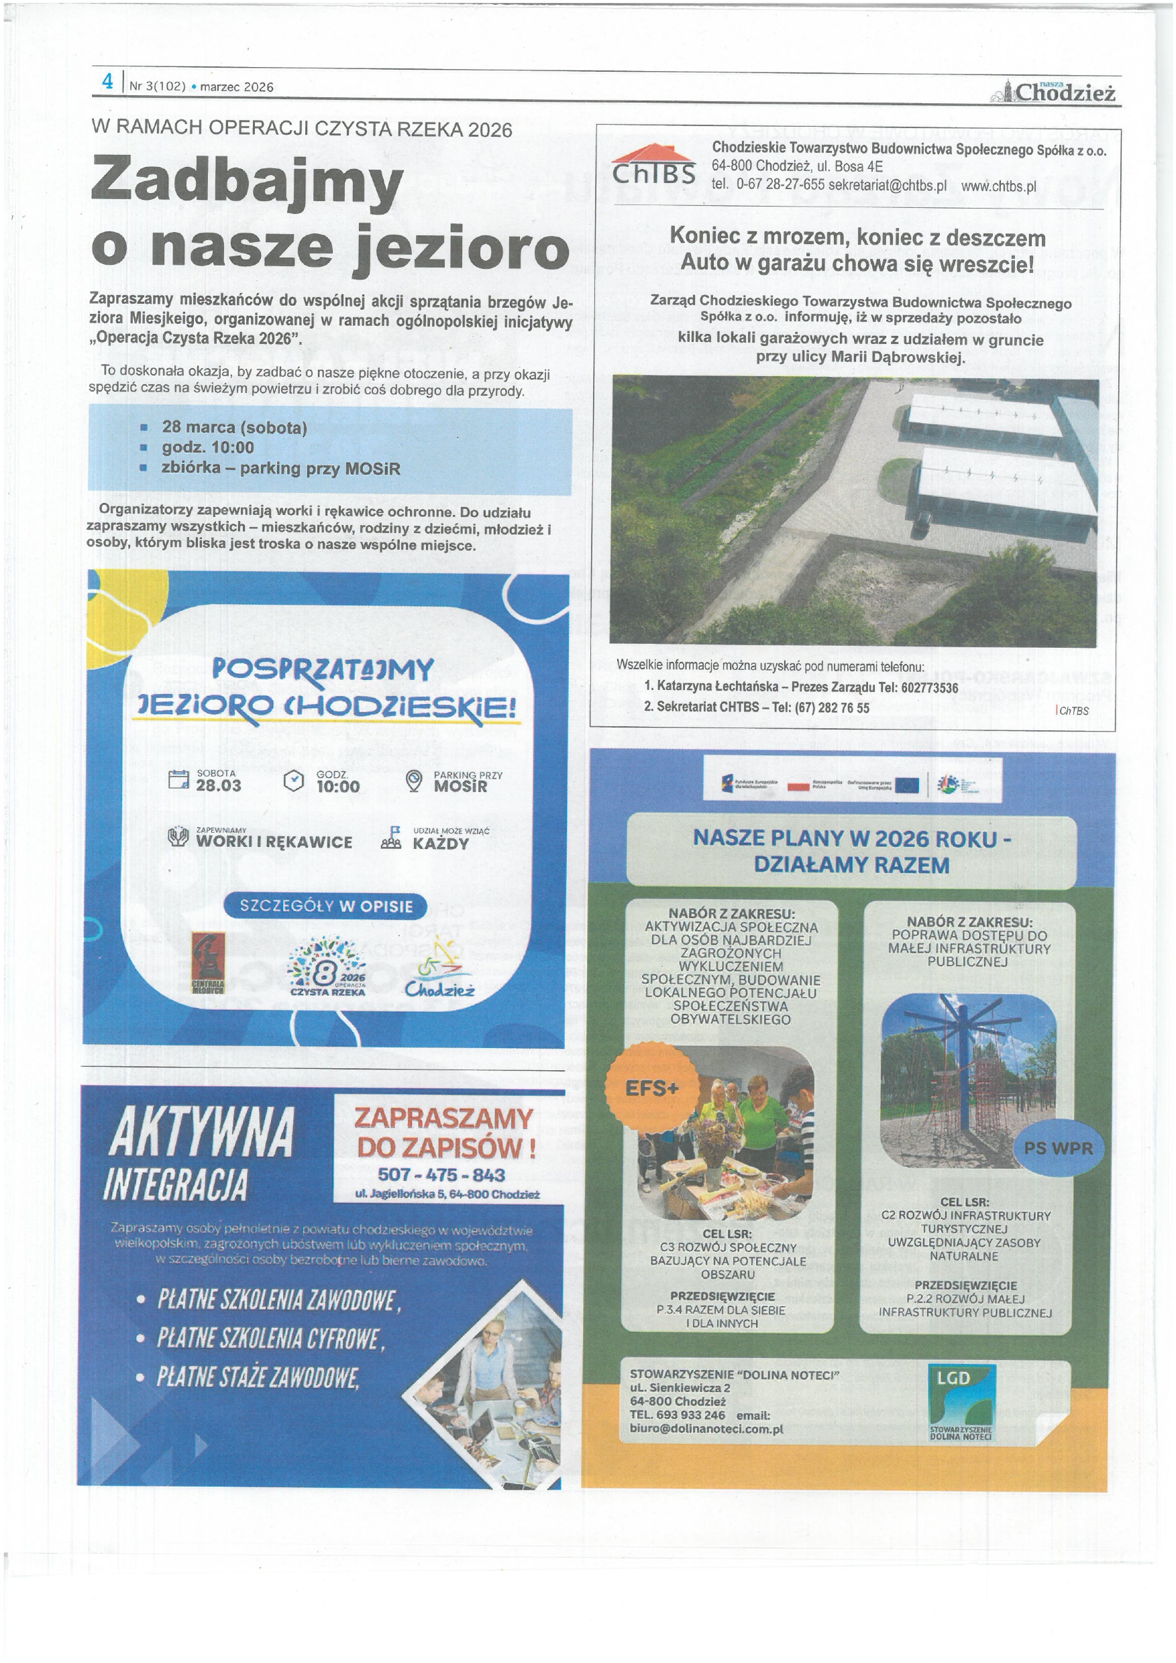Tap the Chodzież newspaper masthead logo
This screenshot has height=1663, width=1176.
click(1060, 91)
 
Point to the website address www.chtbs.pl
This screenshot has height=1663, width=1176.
click(998, 186)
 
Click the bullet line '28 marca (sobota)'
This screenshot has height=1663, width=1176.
click(234, 427)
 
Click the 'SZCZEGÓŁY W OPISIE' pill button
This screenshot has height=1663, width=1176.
click(325, 906)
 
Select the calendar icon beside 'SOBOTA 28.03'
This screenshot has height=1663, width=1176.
click(178, 780)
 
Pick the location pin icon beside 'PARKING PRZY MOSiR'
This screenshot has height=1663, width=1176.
click(413, 780)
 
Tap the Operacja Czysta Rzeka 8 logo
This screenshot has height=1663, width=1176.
click(328, 968)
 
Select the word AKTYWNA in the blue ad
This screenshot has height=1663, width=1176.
click(201, 1132)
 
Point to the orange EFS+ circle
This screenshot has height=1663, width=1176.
click(651, 1088)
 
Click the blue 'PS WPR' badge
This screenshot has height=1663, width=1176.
click(1058, 1148)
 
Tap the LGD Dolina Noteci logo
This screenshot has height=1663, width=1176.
click(961, 1403)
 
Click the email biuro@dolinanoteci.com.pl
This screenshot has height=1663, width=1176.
click(706, 1429)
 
